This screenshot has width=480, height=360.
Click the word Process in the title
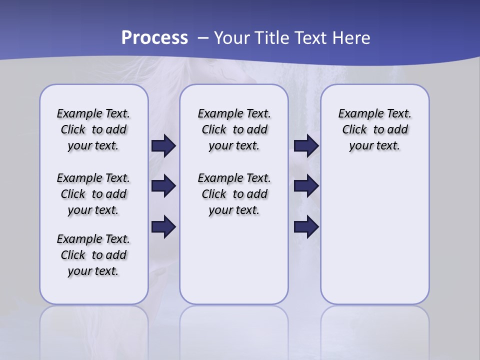pos(154,38)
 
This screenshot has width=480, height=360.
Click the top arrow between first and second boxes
pos(163,145)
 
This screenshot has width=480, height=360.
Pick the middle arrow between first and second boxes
pos(163,186)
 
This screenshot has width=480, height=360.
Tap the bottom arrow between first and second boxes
pos(163,227)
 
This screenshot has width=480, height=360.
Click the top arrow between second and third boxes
pos(306,145)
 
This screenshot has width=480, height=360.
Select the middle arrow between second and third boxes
pos(306,186)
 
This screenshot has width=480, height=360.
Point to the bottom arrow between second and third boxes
pos(306,227)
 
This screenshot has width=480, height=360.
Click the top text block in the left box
pos(93,129)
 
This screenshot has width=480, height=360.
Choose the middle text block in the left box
pos(93,194)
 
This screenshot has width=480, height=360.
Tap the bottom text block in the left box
pos(93,255)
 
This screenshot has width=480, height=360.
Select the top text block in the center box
pos(234,129)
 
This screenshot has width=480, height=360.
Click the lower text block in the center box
pos(234,194)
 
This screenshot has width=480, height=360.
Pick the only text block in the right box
pos(374,129)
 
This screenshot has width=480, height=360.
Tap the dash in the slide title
pos(203,38)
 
